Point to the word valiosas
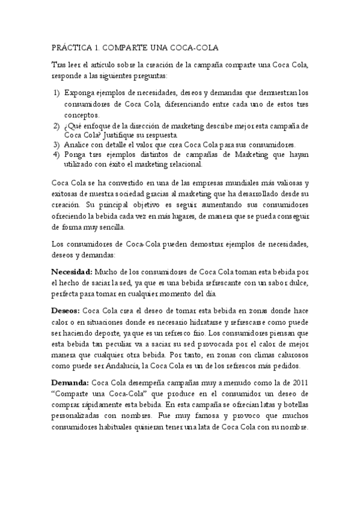click(284, 182)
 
